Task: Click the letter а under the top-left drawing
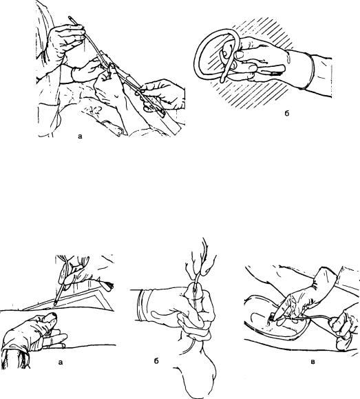[x=80, y=136]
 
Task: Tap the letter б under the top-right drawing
[x=287, y=113]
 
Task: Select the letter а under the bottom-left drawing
[x=61, y=362]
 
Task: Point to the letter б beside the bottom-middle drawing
[x=156, y=361]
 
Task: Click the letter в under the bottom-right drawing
[x=313, y=362]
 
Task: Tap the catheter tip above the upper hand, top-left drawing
[x=70, y=18]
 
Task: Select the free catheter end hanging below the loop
[x=223, y=79]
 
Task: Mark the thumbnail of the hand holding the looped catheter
[x=238, y=54]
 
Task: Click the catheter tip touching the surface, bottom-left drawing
[x=55, y=303]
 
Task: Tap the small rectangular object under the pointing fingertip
[x=273, y=317]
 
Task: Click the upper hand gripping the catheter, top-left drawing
[x=65, y=41]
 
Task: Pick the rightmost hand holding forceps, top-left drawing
[x=164, y=95]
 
